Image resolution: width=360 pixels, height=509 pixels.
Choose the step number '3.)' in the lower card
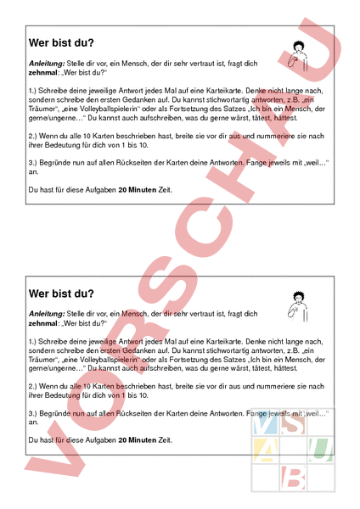click(x=33, y=412)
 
